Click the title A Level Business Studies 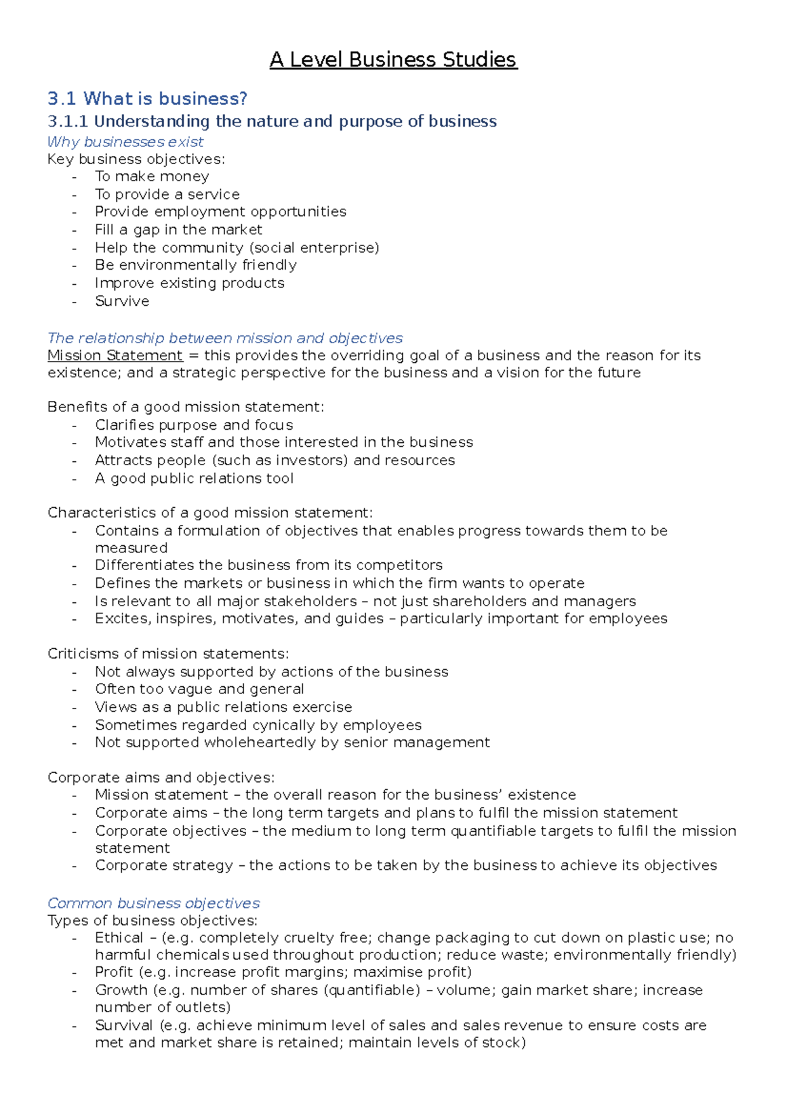[393, 60]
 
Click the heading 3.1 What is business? [148, 99]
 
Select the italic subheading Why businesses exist [125, 142]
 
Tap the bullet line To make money [152, 176]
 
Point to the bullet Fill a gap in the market [178, 230]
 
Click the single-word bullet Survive [122, 301]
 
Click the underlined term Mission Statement [115, 356]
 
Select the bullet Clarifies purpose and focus [194, 425]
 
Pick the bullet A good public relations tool [194, 478]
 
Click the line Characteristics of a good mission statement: [210, 512]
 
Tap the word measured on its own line [131, 548]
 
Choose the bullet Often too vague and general [199, 689]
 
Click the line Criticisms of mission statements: [168, 653]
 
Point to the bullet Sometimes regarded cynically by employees [258, 725]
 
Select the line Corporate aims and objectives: [161, 777]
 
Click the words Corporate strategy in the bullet [164, 865]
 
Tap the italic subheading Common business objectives [153, 903]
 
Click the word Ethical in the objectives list [119, 938]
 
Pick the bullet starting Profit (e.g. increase [283, 972]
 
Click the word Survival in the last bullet [123, 1025]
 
